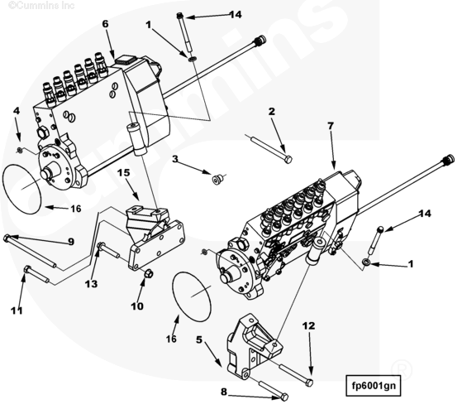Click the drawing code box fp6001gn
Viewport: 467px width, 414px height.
[374, 386]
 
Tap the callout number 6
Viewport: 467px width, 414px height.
[106, 24]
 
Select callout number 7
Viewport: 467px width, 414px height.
[331, 126]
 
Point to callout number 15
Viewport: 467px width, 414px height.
[124, 172]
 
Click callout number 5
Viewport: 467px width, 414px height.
[199, 339]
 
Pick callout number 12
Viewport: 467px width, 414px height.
[308, 325]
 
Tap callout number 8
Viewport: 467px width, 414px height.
[224, 392]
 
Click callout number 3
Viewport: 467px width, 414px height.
[175, 159]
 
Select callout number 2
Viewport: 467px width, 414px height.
[272, 112]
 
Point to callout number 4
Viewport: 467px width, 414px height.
[17, 111]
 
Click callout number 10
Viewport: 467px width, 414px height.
[137, 306]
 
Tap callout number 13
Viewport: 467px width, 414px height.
[91, 284]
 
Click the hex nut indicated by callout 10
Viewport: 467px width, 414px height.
[148, 273]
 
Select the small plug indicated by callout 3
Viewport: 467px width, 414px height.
[217, 180]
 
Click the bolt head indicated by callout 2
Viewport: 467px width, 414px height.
[288, 160]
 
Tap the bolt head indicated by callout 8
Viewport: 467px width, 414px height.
[284, 397]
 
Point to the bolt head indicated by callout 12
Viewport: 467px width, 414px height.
[309, 383]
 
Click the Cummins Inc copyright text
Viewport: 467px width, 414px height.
[41, 5]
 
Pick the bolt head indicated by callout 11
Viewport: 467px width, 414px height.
[27, 269]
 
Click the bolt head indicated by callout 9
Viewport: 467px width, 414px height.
[7, 238]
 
